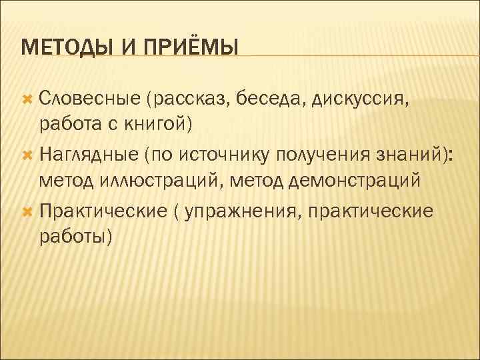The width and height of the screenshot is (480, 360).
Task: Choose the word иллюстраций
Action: click(x=158, y=180)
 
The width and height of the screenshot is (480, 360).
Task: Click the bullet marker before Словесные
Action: click(x=27, y=99)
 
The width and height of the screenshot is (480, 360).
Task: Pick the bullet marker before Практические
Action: click(x=27, y=212)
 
